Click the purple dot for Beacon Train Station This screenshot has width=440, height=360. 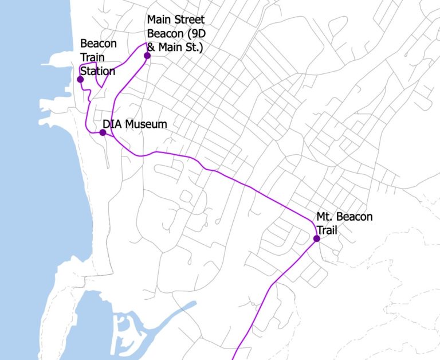click(x=80, y=79)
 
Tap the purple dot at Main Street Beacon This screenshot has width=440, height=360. click(x=147, y=56)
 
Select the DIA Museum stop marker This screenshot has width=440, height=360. click(x=103, y=132)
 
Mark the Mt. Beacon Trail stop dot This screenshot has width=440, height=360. click(x=316, y=238)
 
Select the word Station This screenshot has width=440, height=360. click(x=97, y=72)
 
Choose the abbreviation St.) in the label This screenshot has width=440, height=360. click(x=192, y=48)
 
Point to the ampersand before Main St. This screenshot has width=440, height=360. click(x=151, y=48)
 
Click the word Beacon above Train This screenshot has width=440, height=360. click(x=99, y=44)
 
